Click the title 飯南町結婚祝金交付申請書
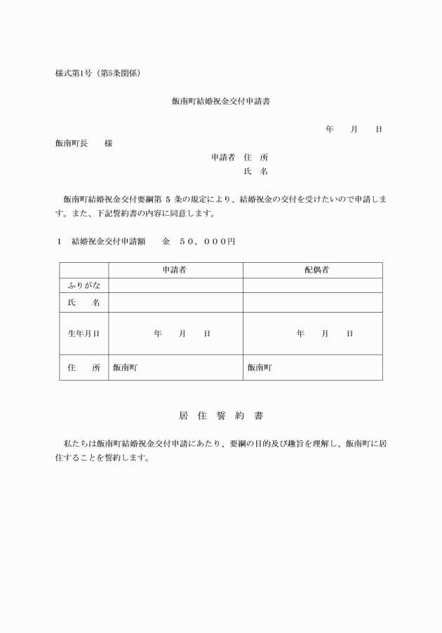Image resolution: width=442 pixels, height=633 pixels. tap(221, 102)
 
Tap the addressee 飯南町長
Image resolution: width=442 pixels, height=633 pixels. tap(72, 144)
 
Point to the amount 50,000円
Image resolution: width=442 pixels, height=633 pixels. tap(207, 241)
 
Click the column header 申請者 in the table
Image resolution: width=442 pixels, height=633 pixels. tap(175, 270)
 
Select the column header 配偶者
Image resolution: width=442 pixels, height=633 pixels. tap(312, 270)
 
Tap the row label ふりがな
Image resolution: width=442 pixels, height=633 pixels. tap(83, 285)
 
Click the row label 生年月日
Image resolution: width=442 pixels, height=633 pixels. tap(83, 334)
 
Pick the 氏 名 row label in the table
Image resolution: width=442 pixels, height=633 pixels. tap(83, 303)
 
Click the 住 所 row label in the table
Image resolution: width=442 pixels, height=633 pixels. tap(83, 367)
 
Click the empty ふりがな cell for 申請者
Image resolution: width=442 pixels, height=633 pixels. tap(175, 285)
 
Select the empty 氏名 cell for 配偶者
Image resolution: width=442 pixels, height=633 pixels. tap(312, 303)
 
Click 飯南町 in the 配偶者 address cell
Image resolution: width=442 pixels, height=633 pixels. tap(260, 367)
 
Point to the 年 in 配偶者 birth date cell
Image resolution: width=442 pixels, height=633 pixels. tap(300, 334)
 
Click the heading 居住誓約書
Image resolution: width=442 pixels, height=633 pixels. tap(221, 416)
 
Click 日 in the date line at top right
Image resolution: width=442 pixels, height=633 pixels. tap(379, 130)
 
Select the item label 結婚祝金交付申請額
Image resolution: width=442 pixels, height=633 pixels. tap(108, 241)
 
